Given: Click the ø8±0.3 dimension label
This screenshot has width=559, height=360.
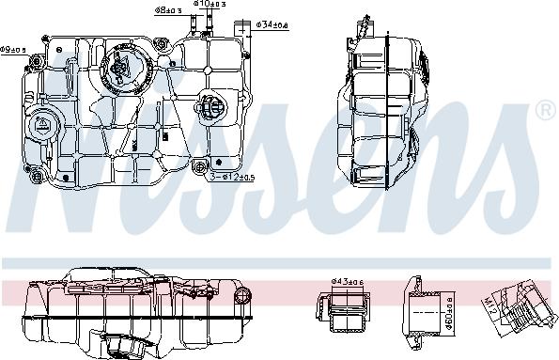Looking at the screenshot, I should point(168,10).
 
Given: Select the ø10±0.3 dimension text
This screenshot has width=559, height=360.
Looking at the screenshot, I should point(208,6).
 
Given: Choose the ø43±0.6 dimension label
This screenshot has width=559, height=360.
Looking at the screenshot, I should point(347,281).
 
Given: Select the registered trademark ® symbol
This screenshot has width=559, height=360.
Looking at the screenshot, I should point(544,112).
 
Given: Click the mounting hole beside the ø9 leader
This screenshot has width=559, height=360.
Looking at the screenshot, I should point(45,40).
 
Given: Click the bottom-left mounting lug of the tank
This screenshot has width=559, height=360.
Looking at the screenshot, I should point(37,177).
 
